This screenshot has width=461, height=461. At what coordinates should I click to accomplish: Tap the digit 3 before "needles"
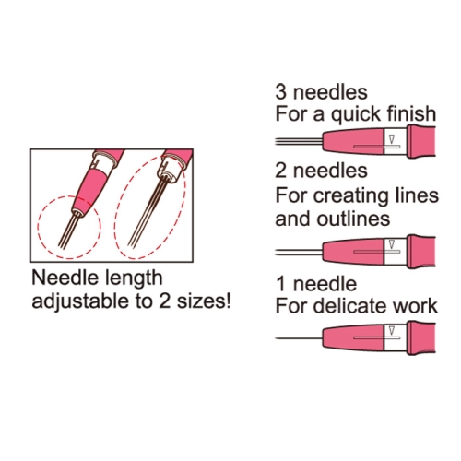pos(280,92)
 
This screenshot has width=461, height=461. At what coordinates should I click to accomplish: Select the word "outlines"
pos(353,219)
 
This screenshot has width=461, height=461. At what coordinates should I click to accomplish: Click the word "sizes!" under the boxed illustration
pos(204,301)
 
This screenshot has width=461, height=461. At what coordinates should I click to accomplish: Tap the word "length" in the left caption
pos(134,278)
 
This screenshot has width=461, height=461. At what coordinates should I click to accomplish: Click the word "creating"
pos(351,196)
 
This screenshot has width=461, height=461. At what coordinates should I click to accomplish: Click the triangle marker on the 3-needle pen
pos(392,139)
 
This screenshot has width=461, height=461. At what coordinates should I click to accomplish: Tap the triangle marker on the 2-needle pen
pos(392,244)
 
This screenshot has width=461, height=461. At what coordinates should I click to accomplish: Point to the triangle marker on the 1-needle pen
pos(392,331)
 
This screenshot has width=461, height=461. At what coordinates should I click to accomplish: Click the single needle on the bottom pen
pos(299,338)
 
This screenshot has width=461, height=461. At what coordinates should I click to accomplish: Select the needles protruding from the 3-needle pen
pos(299,141)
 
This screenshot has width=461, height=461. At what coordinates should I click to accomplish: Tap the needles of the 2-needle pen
pos(299,253)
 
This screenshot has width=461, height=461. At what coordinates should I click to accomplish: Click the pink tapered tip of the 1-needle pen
pos(353,338)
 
